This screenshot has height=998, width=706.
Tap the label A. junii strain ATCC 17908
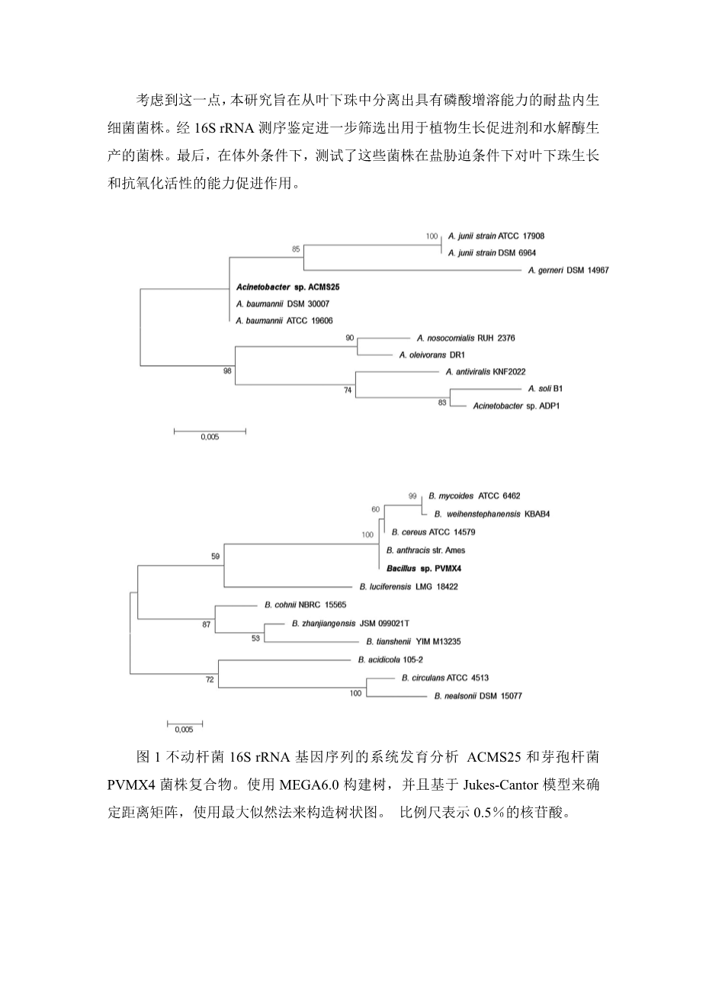[x=496, y=236]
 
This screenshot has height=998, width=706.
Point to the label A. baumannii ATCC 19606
[x=284, y=321]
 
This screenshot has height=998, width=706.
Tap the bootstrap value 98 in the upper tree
[x=226, y=371]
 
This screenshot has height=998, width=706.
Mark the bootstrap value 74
[x=348, y=390]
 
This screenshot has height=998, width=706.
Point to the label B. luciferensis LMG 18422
[x=408, y=586]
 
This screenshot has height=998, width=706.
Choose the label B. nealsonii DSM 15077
[x=478, y=696]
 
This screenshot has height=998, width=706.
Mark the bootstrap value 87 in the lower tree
[x=206, y=624]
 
